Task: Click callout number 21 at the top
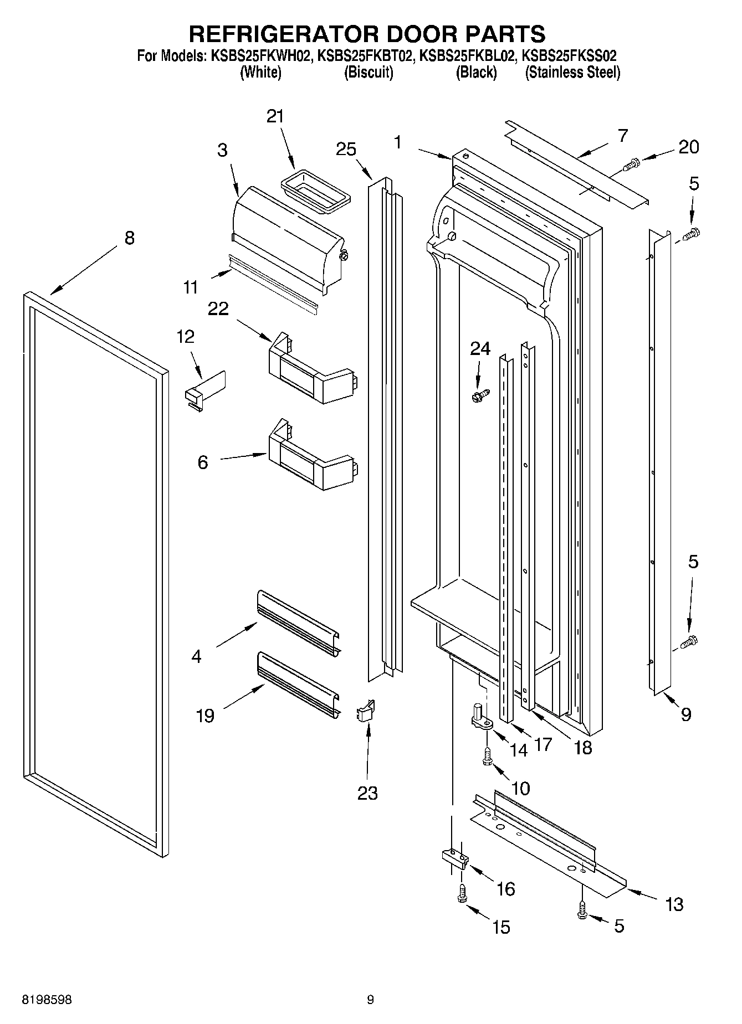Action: [275, 116]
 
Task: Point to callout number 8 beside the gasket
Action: [129, 238]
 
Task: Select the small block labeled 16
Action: [455, 858]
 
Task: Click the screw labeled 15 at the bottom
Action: [462, 893]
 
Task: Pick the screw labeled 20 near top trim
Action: [632, 163]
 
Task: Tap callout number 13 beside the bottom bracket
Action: [674, 904]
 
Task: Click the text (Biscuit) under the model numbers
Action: [369, 73]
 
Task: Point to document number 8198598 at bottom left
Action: [47, 1000]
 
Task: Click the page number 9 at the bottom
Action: [370, 1000]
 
